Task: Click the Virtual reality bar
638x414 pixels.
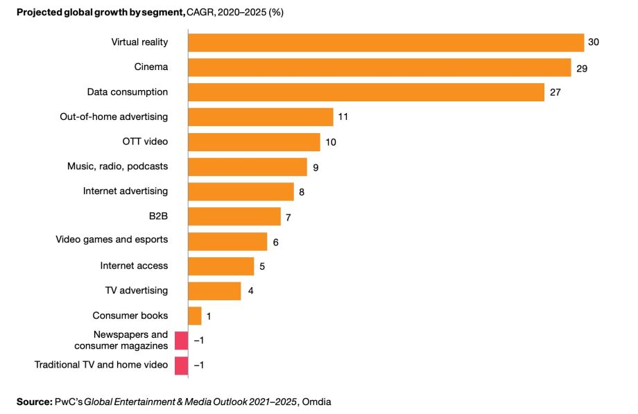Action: pyautogui.click(x=386, y=42)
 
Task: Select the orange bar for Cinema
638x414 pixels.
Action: pyautogui.click(x=379, y=67)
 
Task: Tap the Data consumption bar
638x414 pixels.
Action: pyautogui.click(x=366, y=92)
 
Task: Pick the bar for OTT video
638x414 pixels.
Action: pyautogui.click(x=254, y=142)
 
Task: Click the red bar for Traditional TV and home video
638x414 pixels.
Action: pyautogui.click(x=182, y=365)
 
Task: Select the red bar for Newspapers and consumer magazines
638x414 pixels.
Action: pyautogui.click(x=182, y=340)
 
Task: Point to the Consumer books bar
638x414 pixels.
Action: pyautogui.click(x=195, y=316)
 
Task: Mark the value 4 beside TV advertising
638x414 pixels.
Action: pyautogui.click(x=250, y=291)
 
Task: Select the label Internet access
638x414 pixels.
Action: pyautogui.click(x=134, y=266)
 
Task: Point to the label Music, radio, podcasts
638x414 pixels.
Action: pyautogui.click(x=117, y=166)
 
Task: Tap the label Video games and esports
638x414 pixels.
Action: pyautogui.click(x=112, y=240)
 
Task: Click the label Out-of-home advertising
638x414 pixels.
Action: pyautogui.click(x=114, y=117)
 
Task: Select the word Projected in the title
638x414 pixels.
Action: pyautogui.click(x=39, y=12)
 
